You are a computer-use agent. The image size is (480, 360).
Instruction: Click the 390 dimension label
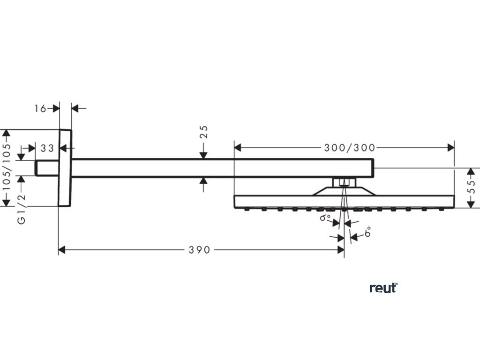click(199, 250)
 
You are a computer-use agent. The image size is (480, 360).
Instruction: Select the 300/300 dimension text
click(350, 148)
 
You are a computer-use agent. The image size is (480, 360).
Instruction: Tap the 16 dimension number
click(40, 108)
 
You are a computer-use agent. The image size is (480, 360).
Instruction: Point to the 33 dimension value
click(47, 148)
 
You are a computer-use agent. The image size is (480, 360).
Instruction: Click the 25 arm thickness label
click(203, 132)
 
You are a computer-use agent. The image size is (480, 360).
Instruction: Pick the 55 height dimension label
click(472, 187)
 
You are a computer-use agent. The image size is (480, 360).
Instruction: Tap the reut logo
click(383, 288)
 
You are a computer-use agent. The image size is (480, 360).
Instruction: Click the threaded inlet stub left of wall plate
click(47, 168)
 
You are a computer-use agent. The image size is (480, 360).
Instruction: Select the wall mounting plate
click(65, 168)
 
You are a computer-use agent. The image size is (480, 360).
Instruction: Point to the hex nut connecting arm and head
click(345, 183)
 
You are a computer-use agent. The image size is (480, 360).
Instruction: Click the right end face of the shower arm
click(374, 168)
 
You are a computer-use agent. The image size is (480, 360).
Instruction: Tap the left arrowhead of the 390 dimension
click(62, 250)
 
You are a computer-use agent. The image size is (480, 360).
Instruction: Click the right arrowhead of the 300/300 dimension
click(450, 148)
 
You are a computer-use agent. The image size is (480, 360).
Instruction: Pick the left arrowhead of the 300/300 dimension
click(238, 148)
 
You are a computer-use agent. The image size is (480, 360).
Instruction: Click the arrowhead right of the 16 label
click(56, 108)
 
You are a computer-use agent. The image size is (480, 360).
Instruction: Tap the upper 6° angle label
click(325, 217)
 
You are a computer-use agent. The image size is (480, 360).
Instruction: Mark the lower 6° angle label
click(367, 232)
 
